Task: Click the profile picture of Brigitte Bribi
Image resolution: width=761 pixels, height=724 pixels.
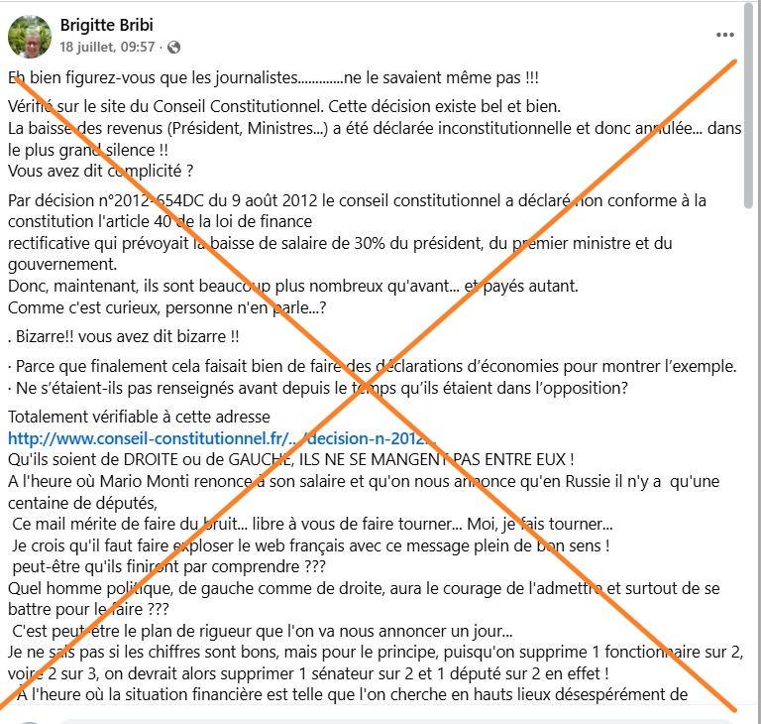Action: coord(30,37)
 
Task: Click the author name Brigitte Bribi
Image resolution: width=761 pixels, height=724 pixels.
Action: coord(107,25)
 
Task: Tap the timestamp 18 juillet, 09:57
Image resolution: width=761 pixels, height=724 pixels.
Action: coord(107,48)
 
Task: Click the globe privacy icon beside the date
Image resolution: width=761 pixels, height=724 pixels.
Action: coord(174,48)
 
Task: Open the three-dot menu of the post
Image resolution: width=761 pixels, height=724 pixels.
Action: coord(725,35)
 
